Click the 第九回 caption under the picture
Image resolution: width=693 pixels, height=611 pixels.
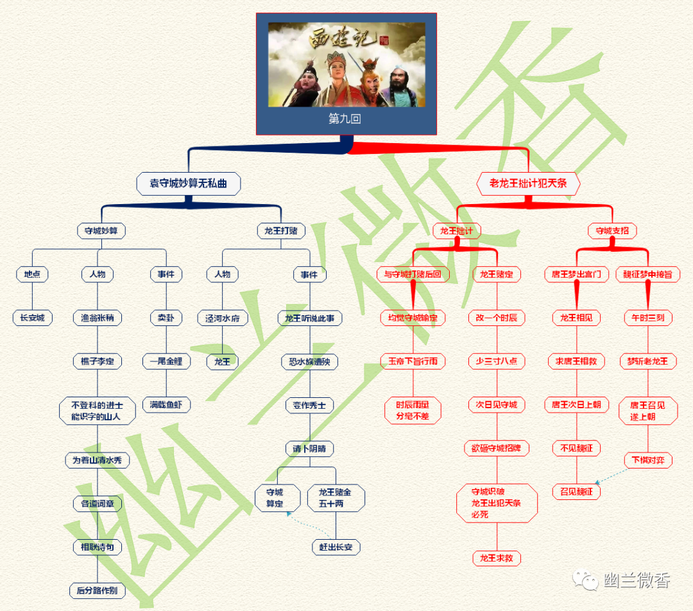[x=346, y=119]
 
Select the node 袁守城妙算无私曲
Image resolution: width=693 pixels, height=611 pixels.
[x=189, y=184]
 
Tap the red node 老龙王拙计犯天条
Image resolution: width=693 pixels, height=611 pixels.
[x=528, y=184]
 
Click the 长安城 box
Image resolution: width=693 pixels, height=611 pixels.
[x=32, y=318]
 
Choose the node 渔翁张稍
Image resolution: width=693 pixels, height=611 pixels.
[x=97, y=318]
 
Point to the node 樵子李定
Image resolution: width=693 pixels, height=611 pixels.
[x=97, y=362]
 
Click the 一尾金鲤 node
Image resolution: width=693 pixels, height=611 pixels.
[x=166, y=361]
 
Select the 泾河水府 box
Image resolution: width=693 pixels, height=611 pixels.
[x=222, y=318]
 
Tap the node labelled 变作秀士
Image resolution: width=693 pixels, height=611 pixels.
[x=309, y=406]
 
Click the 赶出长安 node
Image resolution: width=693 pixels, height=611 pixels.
[x=336, y=547]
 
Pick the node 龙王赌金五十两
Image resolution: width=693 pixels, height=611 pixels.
[x=336, y=498]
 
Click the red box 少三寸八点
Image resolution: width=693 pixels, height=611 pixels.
[x=496, y=361]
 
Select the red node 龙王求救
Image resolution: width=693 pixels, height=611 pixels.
[x=496, y=558]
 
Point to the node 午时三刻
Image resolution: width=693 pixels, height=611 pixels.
[x=648, y=318]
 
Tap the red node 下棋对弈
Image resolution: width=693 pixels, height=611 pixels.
[x=648, y=460]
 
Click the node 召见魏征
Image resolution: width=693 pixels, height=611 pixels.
[x=576, y=492]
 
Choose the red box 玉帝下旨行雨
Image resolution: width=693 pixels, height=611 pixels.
[x=412, y=361]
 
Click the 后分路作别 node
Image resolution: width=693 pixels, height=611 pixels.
[x=97, y=590]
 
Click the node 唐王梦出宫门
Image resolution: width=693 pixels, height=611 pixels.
[x=576, y=274]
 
